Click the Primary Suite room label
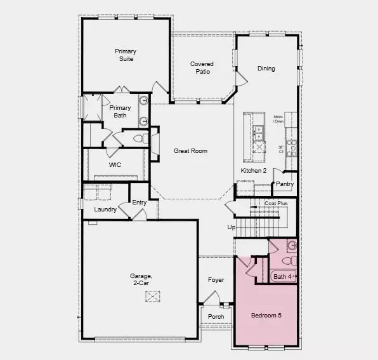pyautogui.click(x=126, y=55)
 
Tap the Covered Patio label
pyautogui.click(x=202, y=68)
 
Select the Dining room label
pyautogui.click(x=266, y=69)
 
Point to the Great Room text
pyautogui.click(x=191, y=151)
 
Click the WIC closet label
pyautogui.click(x=115, y=165)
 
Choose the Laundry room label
pyautogui.click(x=105, y=210)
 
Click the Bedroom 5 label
pyautogui.click(x=265, y=316)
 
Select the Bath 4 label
pyautogui.click(x=282, y=276)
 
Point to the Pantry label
pyautogui.click(x=285, y=184)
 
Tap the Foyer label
pyautogui.click(x=216, y=280)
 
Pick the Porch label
pyautogui.click(x=216, y=316)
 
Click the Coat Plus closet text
pyautogui.click(x=276, y=204)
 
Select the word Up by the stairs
pyautogui.click(x=231, y=227)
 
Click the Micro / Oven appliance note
pyautogui.click(x=278, y=119)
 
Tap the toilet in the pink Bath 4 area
pyautogui.click(x=286, y=260)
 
